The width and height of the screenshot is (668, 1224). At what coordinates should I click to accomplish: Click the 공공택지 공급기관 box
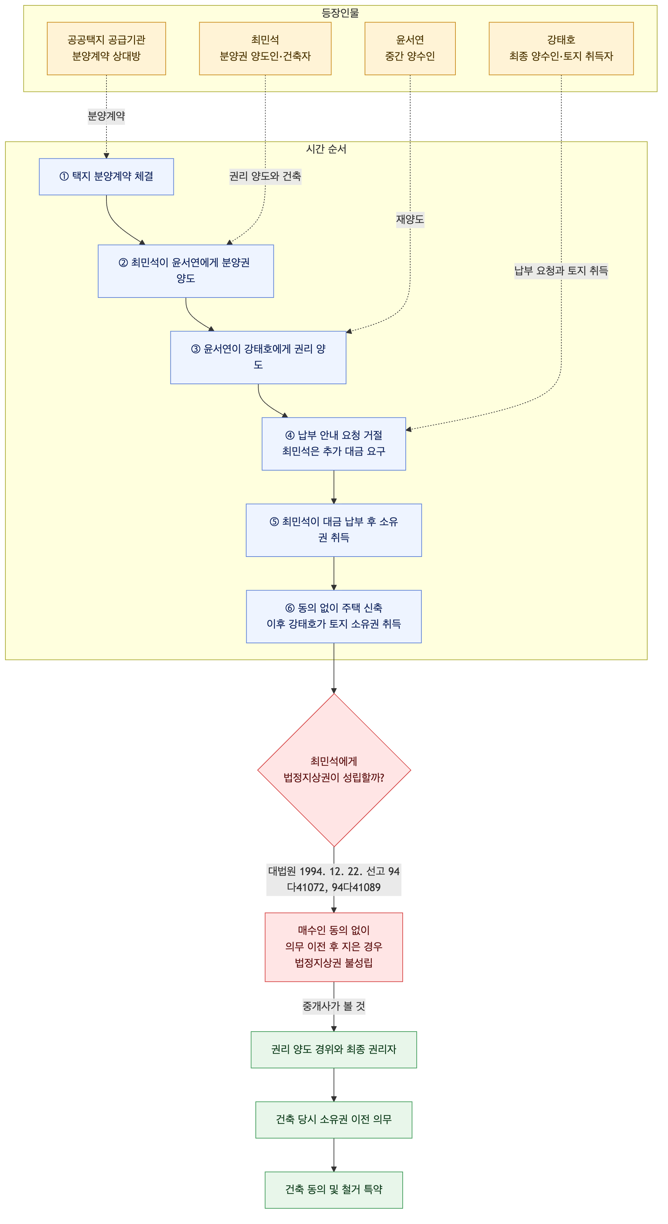point(106,49)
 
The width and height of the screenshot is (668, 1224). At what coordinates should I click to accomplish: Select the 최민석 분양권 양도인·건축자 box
point(265,49)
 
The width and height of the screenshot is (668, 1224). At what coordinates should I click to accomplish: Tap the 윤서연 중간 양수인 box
point(410,49)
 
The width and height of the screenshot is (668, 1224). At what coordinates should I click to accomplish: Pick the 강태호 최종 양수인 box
point(561,49)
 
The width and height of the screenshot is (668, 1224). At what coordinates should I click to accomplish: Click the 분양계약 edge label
point(106,116)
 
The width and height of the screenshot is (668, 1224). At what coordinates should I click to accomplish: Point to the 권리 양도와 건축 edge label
point(265,176)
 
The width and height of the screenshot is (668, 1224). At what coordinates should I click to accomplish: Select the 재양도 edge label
point(410,220)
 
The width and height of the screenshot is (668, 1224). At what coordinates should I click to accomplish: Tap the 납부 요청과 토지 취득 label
point(561,271)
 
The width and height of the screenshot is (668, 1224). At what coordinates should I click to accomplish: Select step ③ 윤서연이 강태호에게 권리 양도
point(258,357)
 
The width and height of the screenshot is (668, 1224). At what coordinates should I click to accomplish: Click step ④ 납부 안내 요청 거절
point(334,444)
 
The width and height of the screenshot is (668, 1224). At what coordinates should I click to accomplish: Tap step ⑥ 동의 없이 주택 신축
point(334,617)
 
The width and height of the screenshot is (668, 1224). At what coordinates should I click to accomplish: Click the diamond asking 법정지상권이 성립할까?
point(334,770)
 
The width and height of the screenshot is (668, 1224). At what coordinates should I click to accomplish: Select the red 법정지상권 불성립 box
point(334,947)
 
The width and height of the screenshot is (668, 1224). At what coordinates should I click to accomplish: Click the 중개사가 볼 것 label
point(334,1006)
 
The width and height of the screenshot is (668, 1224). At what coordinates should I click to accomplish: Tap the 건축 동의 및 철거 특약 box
point(334,1190)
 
